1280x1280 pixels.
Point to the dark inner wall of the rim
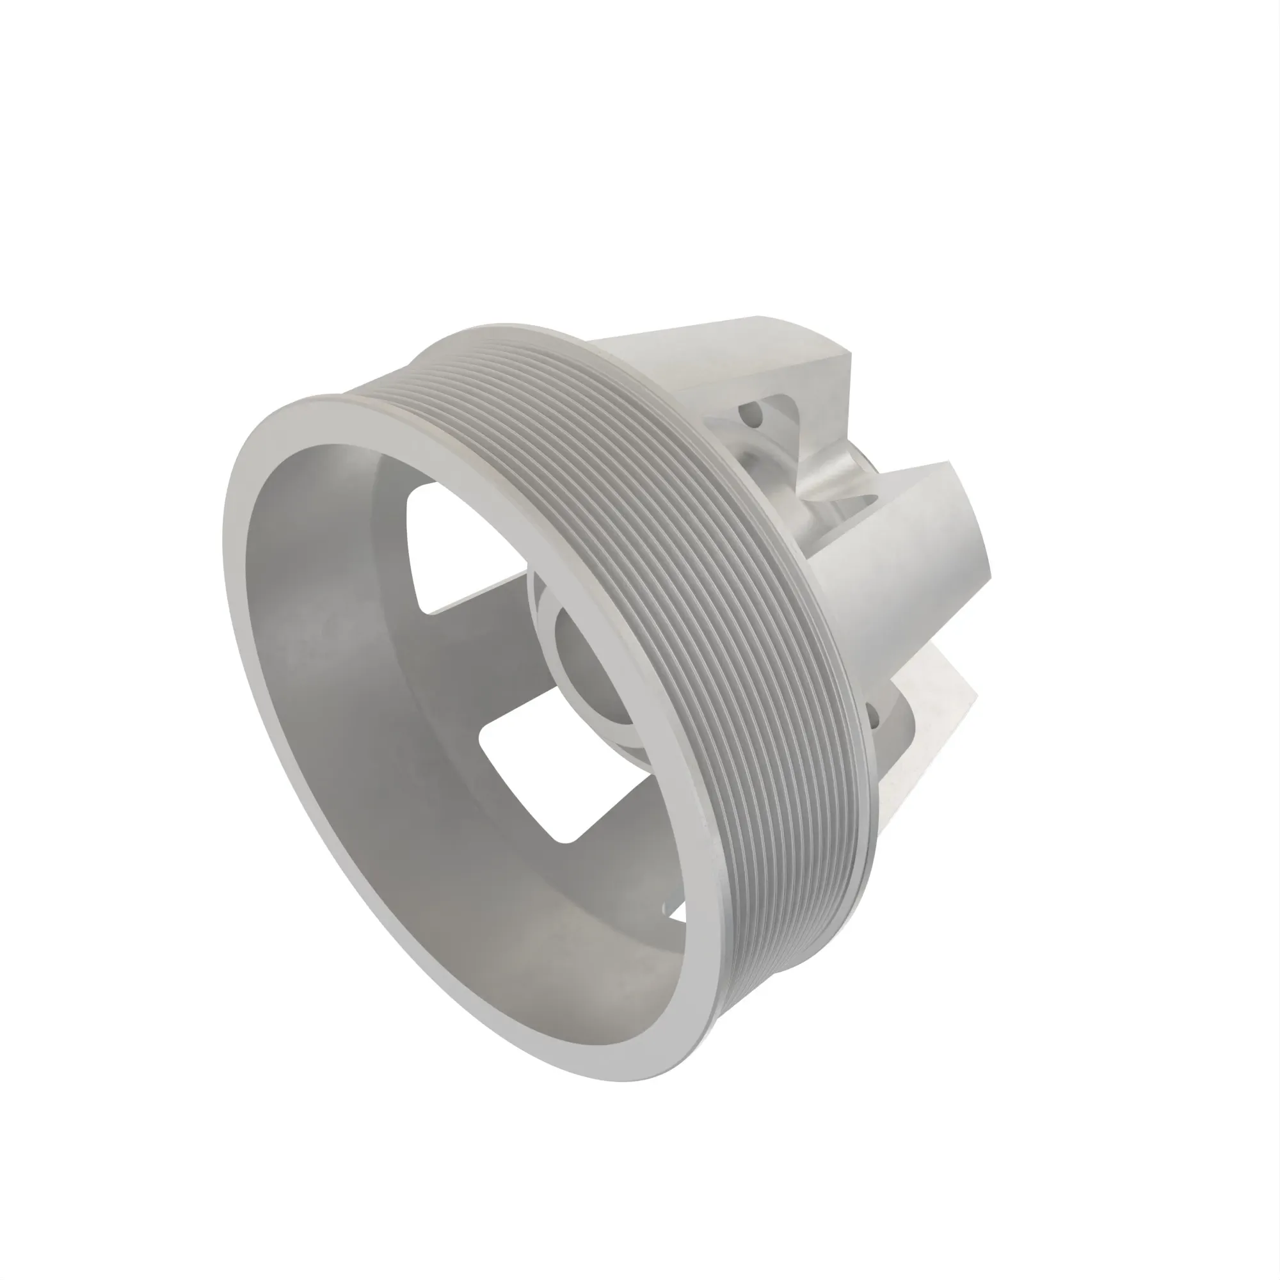tap(344, 696)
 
